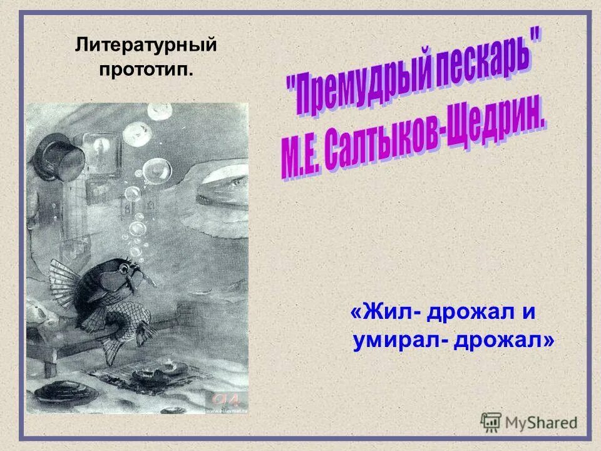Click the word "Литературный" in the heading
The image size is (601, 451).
(x=146, y=45)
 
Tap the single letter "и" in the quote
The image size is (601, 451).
(x=528, y=313)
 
